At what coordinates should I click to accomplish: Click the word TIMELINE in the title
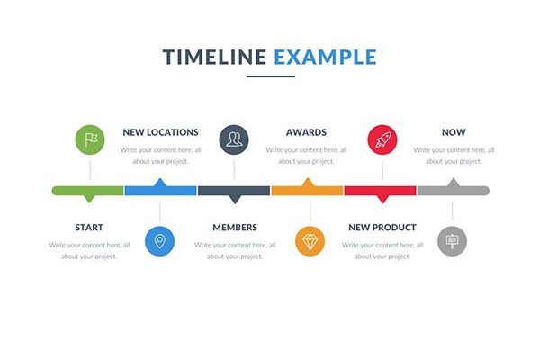(x=214, y=57)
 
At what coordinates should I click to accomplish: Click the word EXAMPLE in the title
(x=325, y=57)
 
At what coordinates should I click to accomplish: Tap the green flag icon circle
(x=90, y=139)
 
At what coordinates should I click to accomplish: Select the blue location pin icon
(x=160, y=241)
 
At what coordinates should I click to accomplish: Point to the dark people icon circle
(x=234, y=139)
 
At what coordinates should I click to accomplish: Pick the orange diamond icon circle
(x=310, y=241)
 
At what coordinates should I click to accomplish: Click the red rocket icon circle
(x=382, y=139)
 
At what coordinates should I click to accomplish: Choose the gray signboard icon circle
(x=452, y=241)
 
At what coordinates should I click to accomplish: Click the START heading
(x=89, y=228)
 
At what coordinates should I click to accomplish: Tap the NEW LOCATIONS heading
(x=160, y=132)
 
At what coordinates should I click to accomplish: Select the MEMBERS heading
(x=235, y=228)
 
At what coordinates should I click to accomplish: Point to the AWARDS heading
(x=306, y=132)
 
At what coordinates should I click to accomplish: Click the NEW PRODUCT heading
(x=382, y=228)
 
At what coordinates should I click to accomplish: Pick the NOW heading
(x=454, y=132)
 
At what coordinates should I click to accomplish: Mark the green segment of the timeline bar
(x=88, y=191)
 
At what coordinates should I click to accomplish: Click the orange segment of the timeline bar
(x=307, y=190)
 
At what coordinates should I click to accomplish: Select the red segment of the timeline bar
(x=380, y=191)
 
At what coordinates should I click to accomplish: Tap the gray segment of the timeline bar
(x=454, y=190)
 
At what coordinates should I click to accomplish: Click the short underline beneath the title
(x=271, y=76)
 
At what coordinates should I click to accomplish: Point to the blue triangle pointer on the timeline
(x=160, y=183)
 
